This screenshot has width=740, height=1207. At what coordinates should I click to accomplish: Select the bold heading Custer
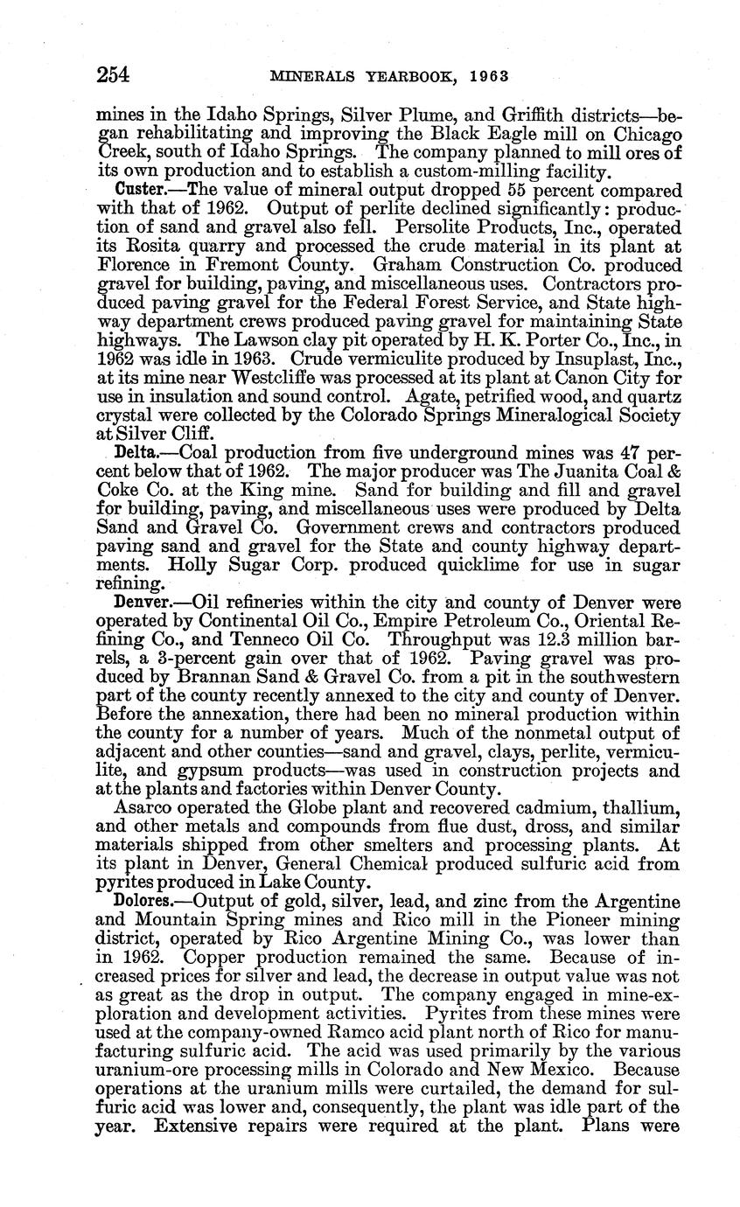click(x=139, y=190)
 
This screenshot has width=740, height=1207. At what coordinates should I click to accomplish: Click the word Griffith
click(x=499, y=113)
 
